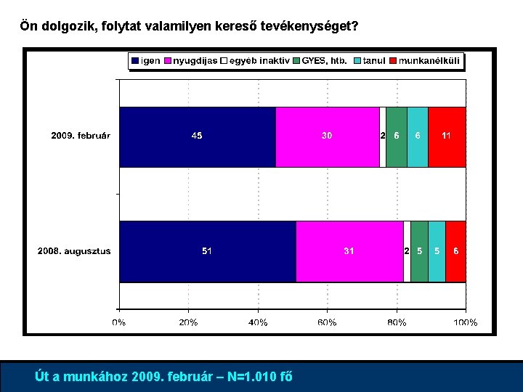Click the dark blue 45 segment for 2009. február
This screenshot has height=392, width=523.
click(x=198, y=136)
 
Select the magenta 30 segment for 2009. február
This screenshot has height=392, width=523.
click(x=328, y=136)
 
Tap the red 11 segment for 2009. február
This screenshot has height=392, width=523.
click(x=447, y=136)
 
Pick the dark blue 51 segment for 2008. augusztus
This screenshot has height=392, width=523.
click(x=208, y=251)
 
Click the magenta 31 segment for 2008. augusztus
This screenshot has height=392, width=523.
click(x=349, y=251)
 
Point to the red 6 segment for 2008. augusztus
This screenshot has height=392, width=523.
click(x=455, y=251)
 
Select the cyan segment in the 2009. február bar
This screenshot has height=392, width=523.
click(x=417, y=136)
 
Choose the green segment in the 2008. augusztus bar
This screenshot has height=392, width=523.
click(x=419, y=251)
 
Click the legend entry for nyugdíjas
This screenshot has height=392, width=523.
click(x=191, y=61)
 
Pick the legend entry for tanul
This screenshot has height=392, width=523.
click(x=369, y=61)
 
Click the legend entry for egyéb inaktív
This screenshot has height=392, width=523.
click(x=256, y=61)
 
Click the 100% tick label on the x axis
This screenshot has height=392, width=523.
click(x=466, y=322)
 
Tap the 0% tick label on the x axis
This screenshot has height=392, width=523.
click(x=119, y=322)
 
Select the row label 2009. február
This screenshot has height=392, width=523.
click(x=81, y=136)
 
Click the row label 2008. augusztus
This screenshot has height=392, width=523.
click(x=74, y=251)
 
